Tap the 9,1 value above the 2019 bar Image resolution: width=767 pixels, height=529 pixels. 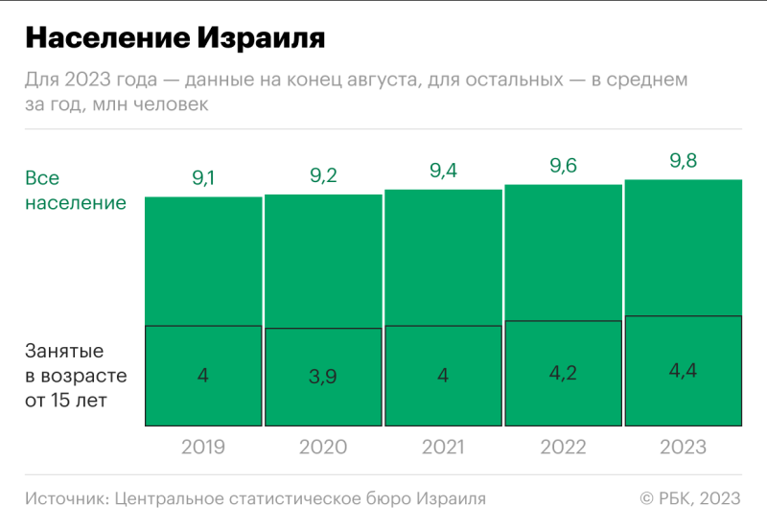point(203,177)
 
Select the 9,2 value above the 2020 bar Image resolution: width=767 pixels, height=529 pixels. point(323,175)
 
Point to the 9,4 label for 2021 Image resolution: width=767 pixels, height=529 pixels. point(443,172)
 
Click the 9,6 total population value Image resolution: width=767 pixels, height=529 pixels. point(563,166)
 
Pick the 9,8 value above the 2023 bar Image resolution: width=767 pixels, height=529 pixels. point(683,161)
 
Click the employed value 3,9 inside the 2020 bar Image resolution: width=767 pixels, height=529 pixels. point(323,377)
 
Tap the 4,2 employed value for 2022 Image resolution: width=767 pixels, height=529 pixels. point(563,373)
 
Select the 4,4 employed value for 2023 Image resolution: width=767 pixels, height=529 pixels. point(683,370)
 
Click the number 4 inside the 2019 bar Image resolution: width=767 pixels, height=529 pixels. point(203,376)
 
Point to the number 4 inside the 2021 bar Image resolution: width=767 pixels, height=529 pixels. point(443,376)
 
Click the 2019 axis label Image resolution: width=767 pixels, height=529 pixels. point(203,448)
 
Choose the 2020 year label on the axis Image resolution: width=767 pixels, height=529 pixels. point(323,448)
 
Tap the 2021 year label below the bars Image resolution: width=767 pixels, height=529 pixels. point(443,448)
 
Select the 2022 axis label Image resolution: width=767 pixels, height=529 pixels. point(563,448)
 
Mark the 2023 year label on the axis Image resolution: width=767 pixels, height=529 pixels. point(683,448)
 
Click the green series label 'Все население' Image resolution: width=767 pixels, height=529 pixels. point(75,191)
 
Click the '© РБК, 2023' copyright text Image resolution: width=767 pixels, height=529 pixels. point(690,498)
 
